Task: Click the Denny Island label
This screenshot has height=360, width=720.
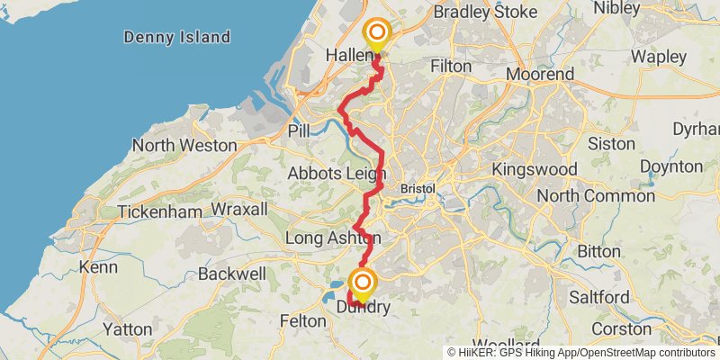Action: [x=177, y=38]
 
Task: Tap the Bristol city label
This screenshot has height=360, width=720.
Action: [x=417, y=190]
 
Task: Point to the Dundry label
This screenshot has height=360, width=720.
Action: [x=363, y=308]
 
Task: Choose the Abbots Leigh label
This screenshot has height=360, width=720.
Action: [x=337, y=174]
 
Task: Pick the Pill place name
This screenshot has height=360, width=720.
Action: [x=299, y=131]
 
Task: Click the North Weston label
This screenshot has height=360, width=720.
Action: [x=184, y=146]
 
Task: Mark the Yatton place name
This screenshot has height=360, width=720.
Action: [x=127, y=329]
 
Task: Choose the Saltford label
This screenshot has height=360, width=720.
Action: [x=598, y=297]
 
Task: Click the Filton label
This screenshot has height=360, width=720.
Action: [x=451, y=66]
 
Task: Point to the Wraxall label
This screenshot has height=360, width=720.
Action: [x=239, y=210]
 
